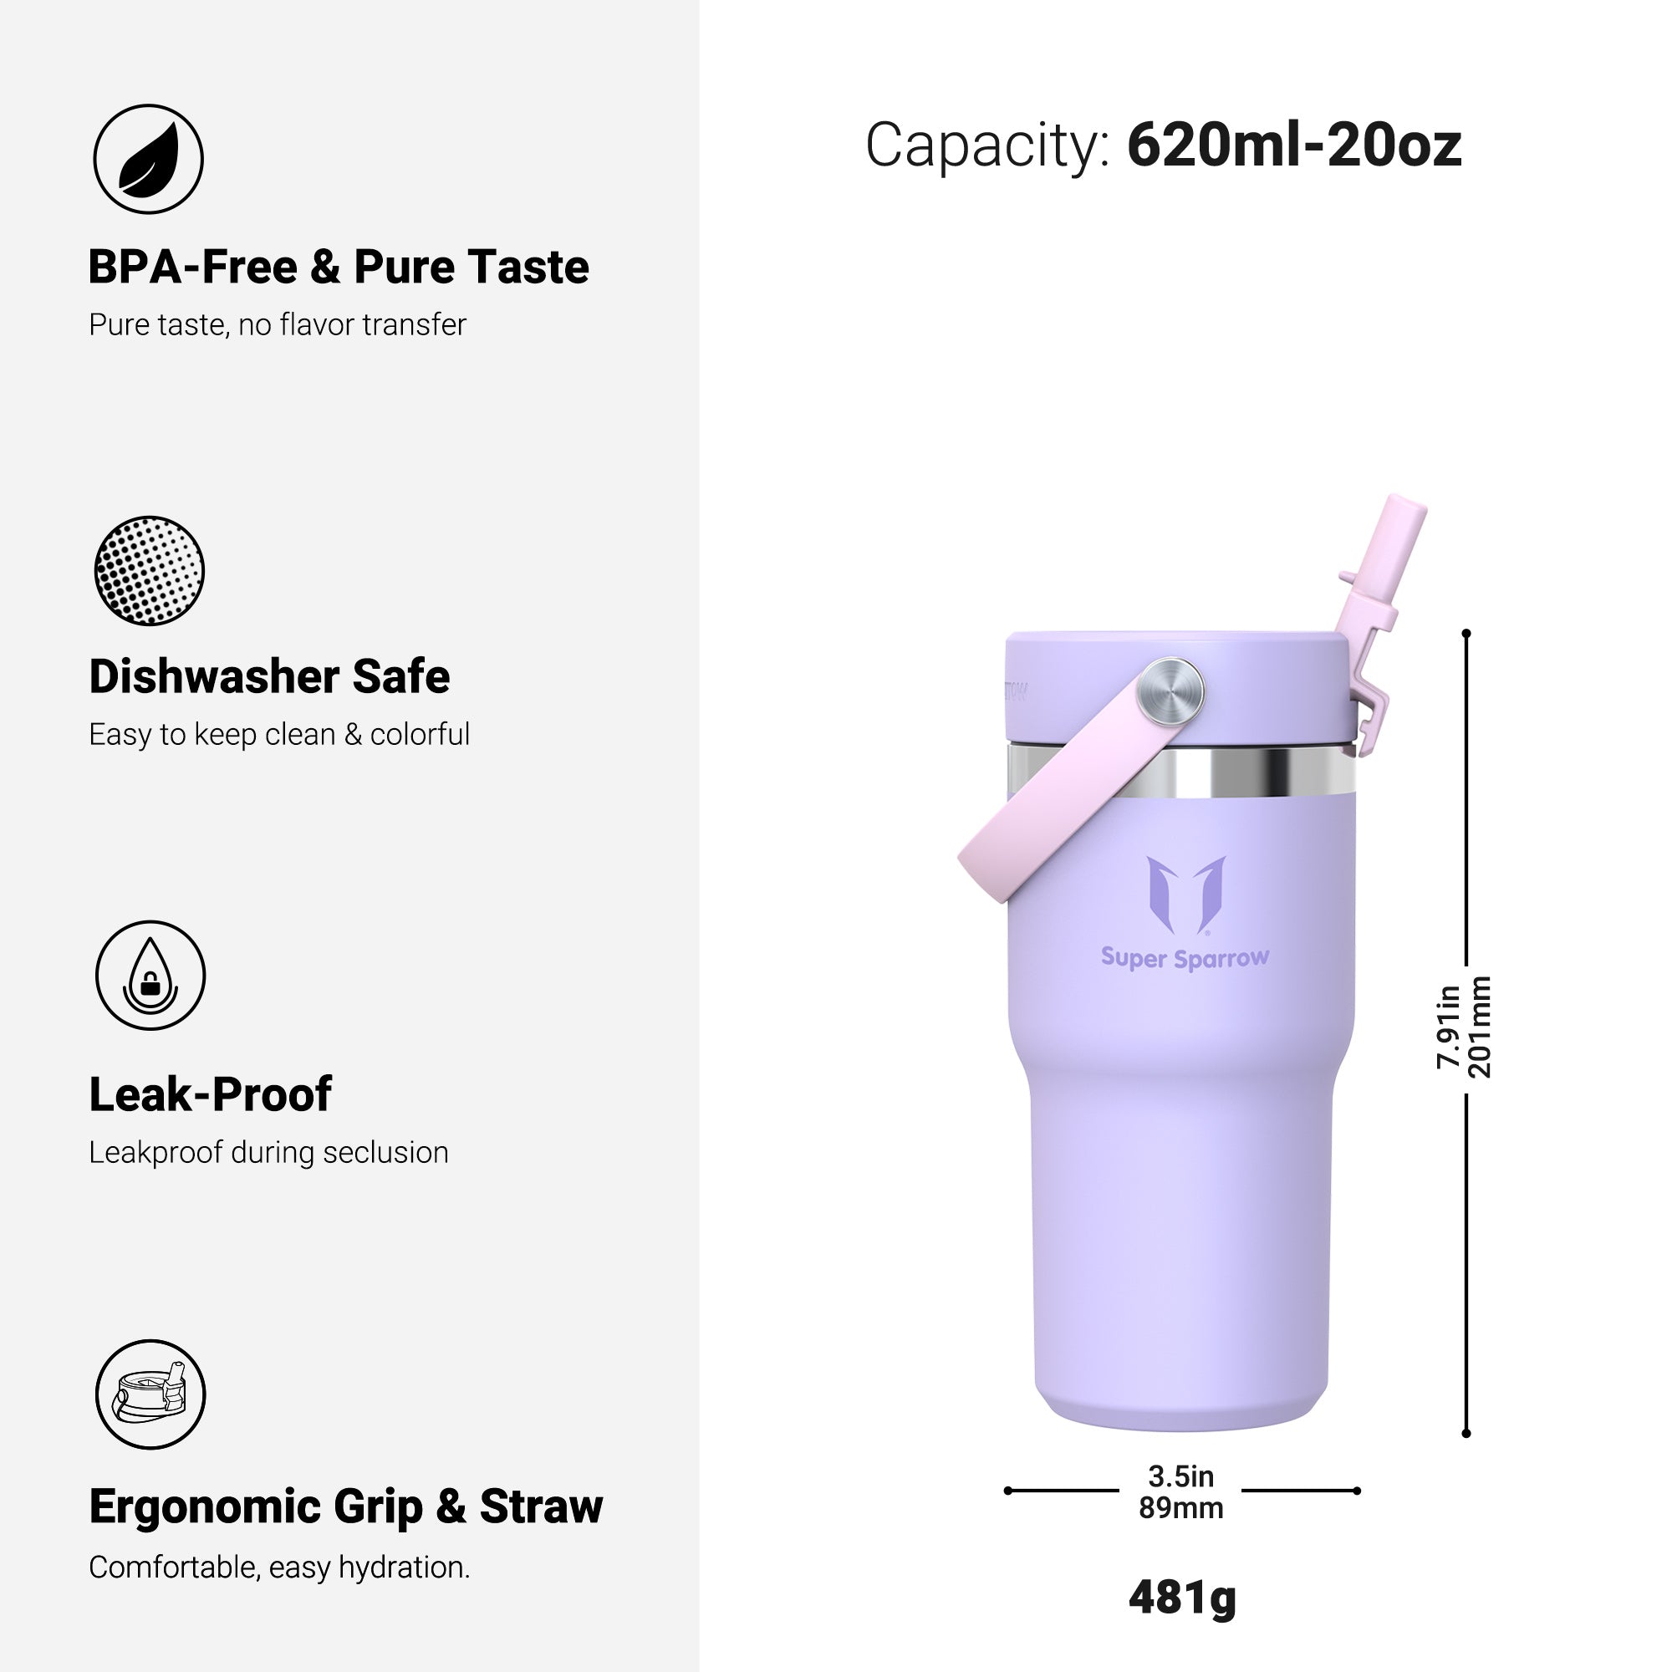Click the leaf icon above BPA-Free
148,159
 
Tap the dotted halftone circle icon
149,571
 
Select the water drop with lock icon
150,976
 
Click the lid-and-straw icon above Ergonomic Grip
150,1394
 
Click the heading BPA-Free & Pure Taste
339,267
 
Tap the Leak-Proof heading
211,1093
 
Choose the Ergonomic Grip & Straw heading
346,1506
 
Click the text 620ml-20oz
1295,145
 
